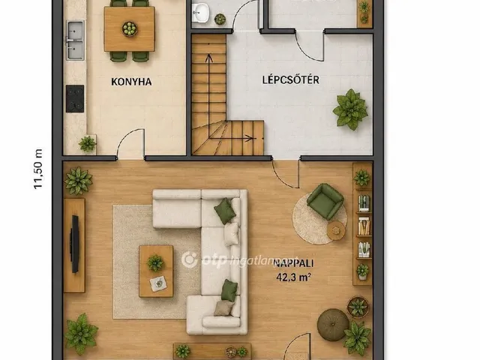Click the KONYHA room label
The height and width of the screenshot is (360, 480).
click(131, 82)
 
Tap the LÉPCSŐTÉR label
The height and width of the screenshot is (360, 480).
click(290, 79)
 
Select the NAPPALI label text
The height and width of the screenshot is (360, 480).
click(293, 263)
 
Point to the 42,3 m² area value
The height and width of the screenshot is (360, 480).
click(293, 277)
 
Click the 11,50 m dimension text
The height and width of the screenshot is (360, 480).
click(38, 169)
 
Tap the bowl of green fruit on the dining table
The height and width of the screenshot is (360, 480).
click(130, 29)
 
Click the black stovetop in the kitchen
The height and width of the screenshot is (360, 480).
click(75, 98)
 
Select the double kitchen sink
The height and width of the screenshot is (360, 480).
click(75, 40)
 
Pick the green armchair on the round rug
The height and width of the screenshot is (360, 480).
click(325, 202)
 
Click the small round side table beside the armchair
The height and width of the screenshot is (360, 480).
click(336, 230)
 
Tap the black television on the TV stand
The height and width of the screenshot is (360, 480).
click(74, 244)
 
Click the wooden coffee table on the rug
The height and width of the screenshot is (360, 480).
click(156, 271)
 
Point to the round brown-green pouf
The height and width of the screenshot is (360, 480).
click(333, 325)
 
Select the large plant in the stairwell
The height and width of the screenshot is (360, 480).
click(350, 109)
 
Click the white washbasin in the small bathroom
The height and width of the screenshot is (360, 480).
click(201, 13)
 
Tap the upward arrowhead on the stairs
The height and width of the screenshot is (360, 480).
click(209, 58)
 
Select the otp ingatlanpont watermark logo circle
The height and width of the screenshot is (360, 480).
click(190, 259)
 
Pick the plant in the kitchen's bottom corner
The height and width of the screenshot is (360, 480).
click(88, 143)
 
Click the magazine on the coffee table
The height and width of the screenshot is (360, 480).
click(158, 283)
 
